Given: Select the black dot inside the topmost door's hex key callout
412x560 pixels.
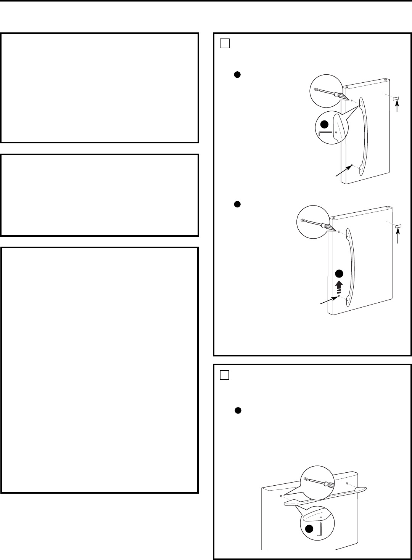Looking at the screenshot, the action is (x=324, y=124).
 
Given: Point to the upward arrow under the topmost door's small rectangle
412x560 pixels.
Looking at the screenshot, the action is (x=398, y=108).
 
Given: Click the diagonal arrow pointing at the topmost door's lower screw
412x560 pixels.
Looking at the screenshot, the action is (x=343, y=171).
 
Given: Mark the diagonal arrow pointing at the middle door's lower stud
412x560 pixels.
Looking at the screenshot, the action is (x=328, y=300).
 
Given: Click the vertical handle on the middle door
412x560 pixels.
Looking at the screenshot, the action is (x=351, y=266).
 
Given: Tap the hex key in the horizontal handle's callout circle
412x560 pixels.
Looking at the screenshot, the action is (x=321, y=529).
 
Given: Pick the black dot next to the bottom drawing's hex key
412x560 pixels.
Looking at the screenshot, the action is (x=309, y=528).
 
